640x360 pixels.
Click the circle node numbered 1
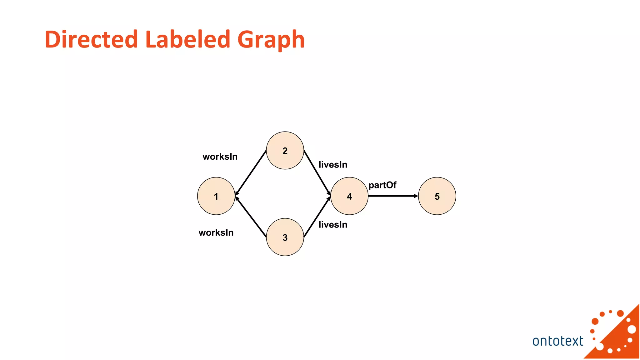coord(216,196)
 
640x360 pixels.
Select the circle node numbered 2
coord(285,150)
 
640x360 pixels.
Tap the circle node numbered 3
coord(285,237)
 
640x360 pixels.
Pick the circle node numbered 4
coord(349,196)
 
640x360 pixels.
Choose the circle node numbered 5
coord(437,196)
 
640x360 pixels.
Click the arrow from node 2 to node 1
coord(251,172)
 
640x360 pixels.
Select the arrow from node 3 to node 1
coord(251,217)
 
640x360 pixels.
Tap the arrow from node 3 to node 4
coord(317,217)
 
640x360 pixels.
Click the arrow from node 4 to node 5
coord(393,196)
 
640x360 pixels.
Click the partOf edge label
coord(382,185)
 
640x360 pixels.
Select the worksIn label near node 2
coord(220,157)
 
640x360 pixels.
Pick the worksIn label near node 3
coord(216,232)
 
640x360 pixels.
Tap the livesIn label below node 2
coord(333,164)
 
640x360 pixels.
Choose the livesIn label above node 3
coord(333,224)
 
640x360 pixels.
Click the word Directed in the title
coord(91,39)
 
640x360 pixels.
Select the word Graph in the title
coord(271,40)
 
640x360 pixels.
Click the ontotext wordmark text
coord(557,341)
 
